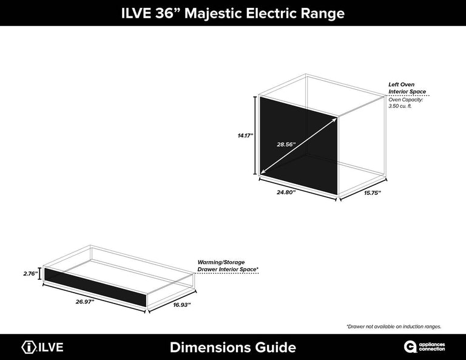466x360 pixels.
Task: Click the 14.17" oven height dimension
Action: [245, 136]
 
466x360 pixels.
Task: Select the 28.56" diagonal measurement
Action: [285, 144]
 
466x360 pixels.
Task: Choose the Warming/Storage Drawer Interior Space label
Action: [228, 265]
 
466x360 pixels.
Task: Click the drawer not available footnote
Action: [394, 327]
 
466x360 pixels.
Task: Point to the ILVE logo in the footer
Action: [42, 347]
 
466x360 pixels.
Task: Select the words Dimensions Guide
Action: [233, 347]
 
